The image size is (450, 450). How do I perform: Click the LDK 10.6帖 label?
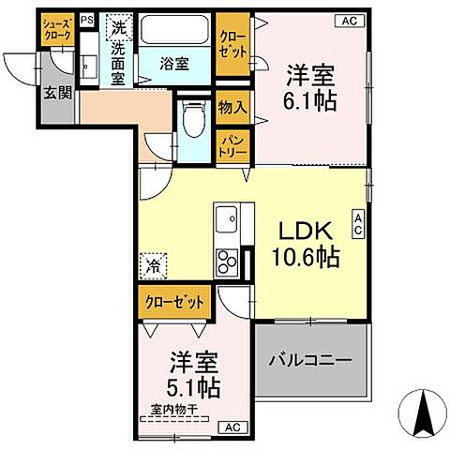(306, 245)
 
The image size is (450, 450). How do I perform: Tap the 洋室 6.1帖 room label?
(309, 87)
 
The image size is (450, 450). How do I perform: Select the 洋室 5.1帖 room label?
(195, 373)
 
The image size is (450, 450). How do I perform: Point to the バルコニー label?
(311, 360)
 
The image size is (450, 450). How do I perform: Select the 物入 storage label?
(233, 108)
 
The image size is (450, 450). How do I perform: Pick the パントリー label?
(233, 144)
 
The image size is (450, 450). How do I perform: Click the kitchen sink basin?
(226, 221)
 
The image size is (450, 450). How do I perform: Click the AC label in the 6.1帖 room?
(347, 20)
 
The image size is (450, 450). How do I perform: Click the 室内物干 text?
(172, 410)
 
